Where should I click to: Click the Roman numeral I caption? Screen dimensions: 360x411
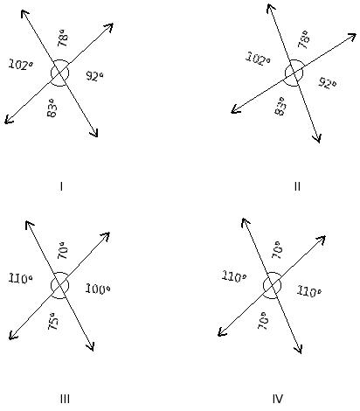pyautogui.click(x=61, y=186)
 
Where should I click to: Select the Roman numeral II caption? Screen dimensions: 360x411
pyautogui.click(x=297, y=186)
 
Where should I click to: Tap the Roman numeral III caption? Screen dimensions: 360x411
pyautogui.click(x=65, y=399)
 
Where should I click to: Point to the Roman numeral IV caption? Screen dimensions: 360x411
pyautogui.click(x=278, y=399)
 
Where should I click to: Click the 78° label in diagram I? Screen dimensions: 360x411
pyautogui.click(x=63, y=38)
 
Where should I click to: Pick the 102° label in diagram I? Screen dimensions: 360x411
pyautogui.click(x=21, y=65)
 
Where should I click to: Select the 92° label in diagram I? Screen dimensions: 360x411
pyautogui.click(x=94, y=76)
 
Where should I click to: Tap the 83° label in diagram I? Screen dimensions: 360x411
pyautogui.click(x=52, y=108)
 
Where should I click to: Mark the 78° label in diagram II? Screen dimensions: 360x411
pyautogui.click(x=303, y=39)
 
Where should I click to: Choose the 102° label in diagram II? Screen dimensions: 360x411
pyautogui.click(x=258, y=59)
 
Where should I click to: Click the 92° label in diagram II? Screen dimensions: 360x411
pyautogui.click(x=327, y=83)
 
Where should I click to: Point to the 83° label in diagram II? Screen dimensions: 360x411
pyautogui.click(x=280, y=106)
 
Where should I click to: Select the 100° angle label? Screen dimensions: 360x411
pyautogui.click(x=98, y=289)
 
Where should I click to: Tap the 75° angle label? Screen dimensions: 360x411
pyautogui.click(x=53, y=321)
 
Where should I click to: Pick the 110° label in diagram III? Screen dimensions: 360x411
pyautogui.click(x=20, y=279)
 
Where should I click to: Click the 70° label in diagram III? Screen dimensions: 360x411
pyautogui.click(x=63, y=250)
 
